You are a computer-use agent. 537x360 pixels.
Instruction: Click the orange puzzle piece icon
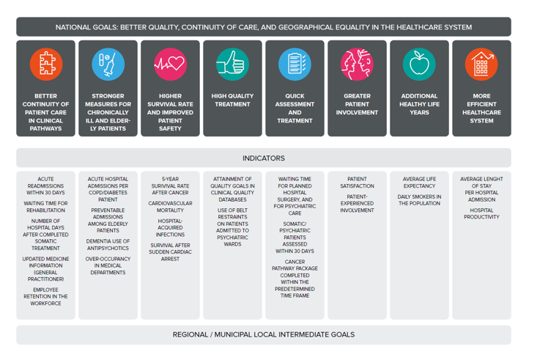pyautogui.click(x=46, y=64)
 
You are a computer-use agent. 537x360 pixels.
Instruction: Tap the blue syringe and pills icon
pyautogui.click(x=108, y=64)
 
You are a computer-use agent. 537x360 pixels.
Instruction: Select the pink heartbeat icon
pyautogui.click(x=170, y=64)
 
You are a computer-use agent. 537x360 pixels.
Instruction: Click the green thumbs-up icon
pyautogui.click(x=232, y=64)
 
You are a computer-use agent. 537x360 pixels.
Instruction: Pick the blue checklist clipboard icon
pyautogui.click(x=295, y=64)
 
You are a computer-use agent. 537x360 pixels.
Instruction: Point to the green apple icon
pyautogui.click(x=419, y=64)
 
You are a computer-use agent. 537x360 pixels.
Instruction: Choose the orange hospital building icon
pyautogui.click(x=481, y=64)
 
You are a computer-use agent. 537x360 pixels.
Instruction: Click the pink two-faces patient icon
pyautogui.click(x=358, y=64)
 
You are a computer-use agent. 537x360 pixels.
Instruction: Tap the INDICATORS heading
pyautogui.click(x=264, y=158)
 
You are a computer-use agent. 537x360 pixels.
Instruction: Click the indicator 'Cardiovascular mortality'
pyautogui.click(x=170, y=207)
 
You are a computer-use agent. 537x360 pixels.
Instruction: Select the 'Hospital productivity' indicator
pyautogui.click(x=481, y=213)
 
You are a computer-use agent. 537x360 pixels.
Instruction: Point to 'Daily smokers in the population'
pyautogui.click(x=419, y=200)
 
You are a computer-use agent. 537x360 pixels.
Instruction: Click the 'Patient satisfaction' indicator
pyautogui.click(x=358, y=183)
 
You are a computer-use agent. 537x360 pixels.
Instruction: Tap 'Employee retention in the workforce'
pyautogui.click(x=45, y=296)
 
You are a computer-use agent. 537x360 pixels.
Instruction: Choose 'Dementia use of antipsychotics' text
pyautogui.click(x=108, y=245)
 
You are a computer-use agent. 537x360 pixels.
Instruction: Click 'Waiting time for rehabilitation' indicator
pyautogui.click(x=45, y=207)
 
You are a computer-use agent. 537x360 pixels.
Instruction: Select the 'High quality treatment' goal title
pyautogui.click(x=232, y=100)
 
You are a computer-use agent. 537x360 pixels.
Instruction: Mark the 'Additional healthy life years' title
pyautogui.click(x=419, y=104)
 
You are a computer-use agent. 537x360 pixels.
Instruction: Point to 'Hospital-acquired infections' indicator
pyautogui.click(x=170, y=227)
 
